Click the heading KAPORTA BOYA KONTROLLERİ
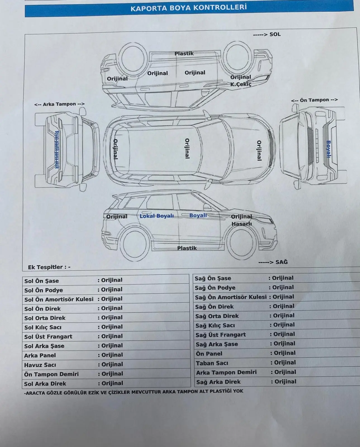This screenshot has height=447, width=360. pos(189,8)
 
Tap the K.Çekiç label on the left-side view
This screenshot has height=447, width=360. pos(241,84)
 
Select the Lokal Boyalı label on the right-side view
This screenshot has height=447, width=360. pos(157,216)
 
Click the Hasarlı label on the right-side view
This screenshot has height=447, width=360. pos(242,224)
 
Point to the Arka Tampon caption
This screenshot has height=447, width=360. pos(59,104)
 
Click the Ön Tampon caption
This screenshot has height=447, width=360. pos(314,100)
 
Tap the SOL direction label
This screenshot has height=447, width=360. pos(275,34)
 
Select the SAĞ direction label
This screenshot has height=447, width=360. pos(282,262)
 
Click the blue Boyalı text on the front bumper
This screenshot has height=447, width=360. pos(328,149)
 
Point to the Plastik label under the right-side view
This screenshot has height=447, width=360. pos(187,248)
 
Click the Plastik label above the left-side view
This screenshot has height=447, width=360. pos(184,53)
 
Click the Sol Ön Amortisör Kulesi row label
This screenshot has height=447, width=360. pos(59,299)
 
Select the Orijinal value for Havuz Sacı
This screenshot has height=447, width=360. pos(112,364)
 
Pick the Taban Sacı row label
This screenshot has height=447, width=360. pos(212,363)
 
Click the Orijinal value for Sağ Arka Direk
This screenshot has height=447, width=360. pos(285,381)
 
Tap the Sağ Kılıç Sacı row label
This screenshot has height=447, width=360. pos(215,325)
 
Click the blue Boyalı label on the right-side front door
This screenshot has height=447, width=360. pos(198,215)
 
